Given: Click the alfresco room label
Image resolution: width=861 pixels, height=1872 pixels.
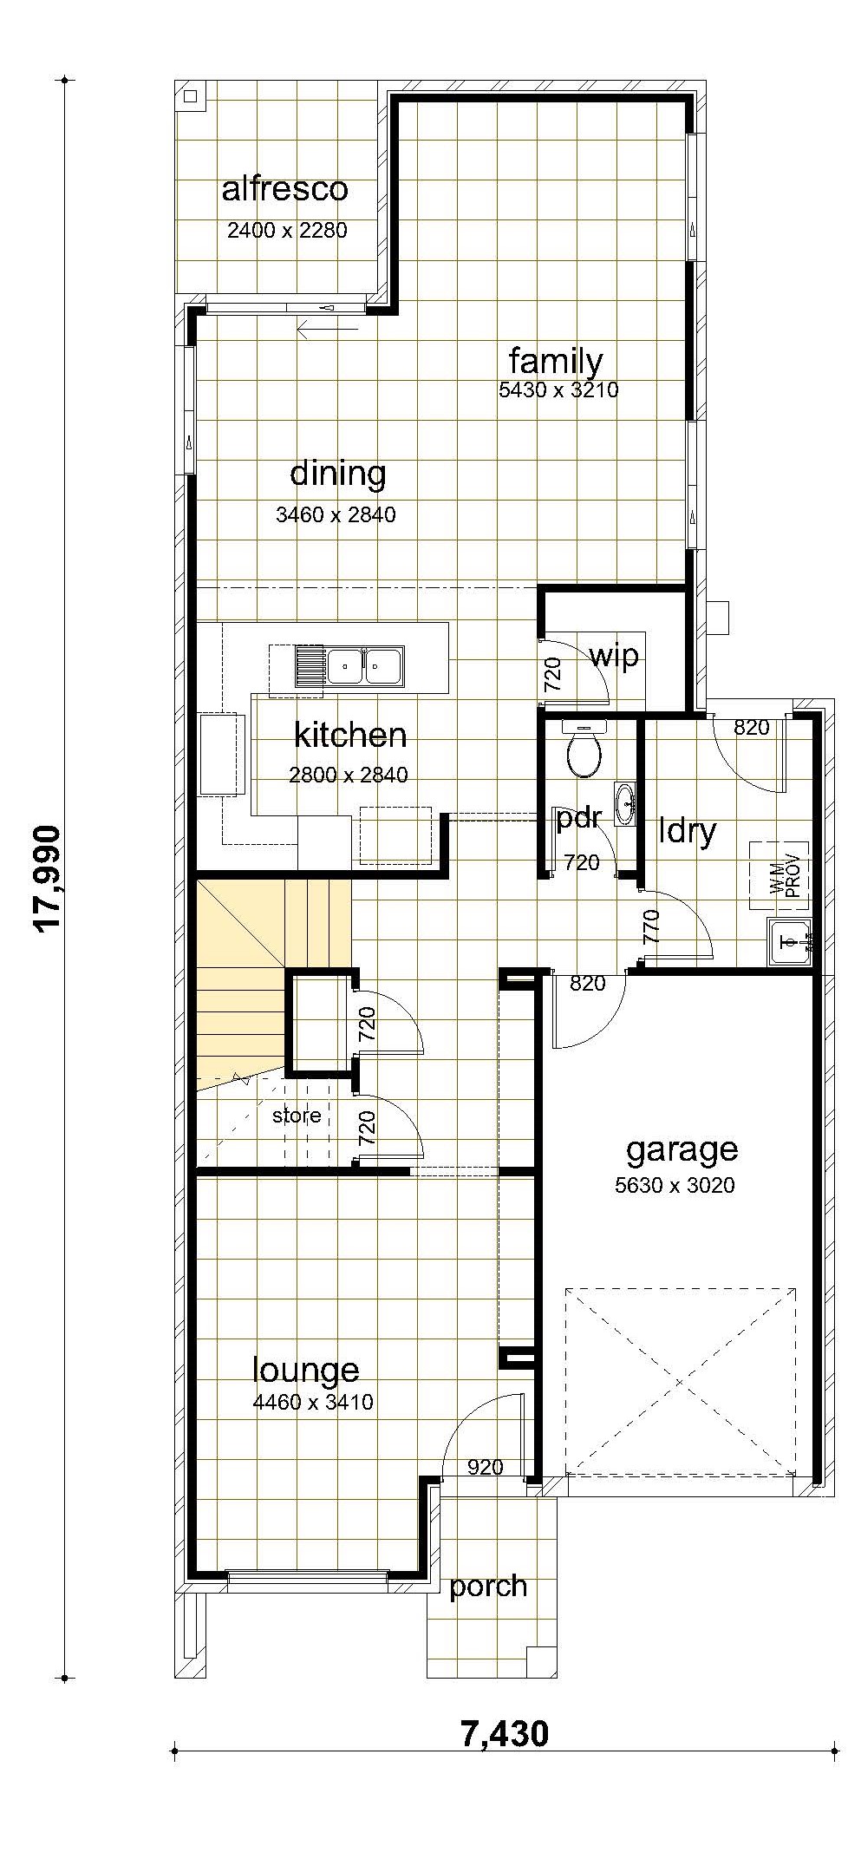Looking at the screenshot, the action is click(284, 189).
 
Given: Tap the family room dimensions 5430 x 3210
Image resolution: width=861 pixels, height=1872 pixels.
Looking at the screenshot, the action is click(558, 389).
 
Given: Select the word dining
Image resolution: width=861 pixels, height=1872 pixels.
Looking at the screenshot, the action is click(337, 475).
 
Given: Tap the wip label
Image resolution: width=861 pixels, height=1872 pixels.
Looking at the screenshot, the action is click(614, 657).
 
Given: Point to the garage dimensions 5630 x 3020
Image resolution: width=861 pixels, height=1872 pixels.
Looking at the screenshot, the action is click(675, 1185).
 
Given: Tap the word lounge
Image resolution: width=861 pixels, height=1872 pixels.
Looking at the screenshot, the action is click(305, 1370).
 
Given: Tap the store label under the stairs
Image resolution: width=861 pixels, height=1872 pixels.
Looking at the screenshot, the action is click(297, 1116).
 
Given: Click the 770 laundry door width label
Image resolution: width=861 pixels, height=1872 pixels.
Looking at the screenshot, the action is click(652, 926).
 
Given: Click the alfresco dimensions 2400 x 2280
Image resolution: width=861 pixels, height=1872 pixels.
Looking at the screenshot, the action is click(287, 230).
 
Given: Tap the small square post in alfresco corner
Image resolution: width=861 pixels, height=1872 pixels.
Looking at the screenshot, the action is click(191, 96).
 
